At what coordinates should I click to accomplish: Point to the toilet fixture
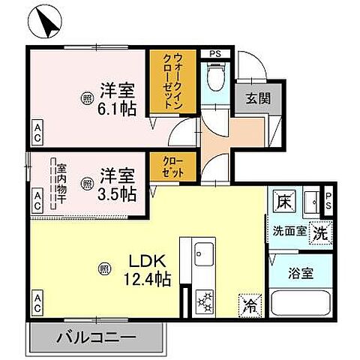point(216,76)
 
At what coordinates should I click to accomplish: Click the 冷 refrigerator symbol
point(248,304)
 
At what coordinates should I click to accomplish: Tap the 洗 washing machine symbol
point(319,232)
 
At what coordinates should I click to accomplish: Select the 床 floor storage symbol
point(283,202)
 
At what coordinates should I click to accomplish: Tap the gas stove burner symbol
point(204,303)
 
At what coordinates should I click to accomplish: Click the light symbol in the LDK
point(106,267)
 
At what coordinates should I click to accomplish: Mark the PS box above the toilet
point(214,53)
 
